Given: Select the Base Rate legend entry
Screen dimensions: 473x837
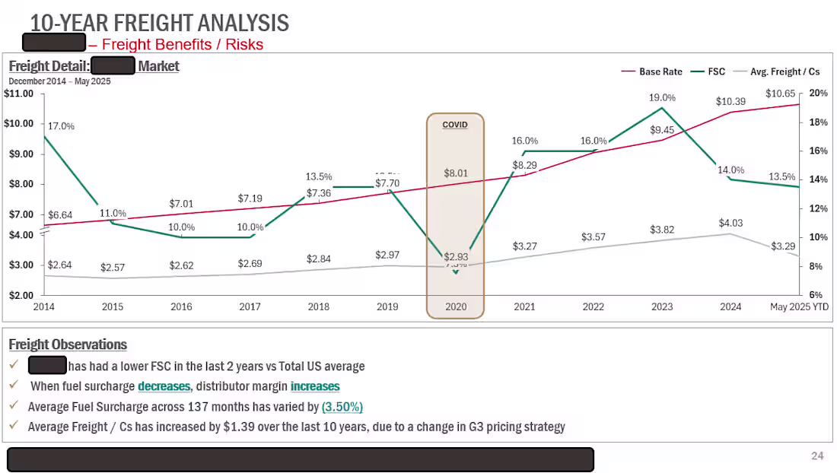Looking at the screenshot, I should click(x=660, y=71).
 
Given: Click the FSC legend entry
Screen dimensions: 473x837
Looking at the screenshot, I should click(x=716, y=71).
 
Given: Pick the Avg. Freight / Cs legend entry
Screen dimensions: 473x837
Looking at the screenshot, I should click(x=784, y=71).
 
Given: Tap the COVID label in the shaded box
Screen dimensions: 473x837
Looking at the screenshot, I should click(x=454, y=125).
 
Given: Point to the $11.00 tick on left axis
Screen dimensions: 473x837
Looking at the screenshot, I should click(x=19, y=94).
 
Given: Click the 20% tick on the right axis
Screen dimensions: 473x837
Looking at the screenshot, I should click(x=818, y=93).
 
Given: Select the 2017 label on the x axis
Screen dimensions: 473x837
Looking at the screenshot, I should click(x=250, y=306).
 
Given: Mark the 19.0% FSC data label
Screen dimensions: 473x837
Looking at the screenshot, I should click(x=662, y=97).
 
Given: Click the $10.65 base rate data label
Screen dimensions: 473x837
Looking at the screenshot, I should click(x=780, y=94).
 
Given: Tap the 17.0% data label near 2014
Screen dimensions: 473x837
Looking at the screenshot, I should click(x=61, y=126).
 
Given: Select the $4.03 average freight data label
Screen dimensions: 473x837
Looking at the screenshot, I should click(x=730, y=223).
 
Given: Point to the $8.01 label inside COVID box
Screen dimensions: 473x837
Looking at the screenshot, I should click(x=456, y=173).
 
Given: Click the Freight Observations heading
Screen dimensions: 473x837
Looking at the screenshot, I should click(x=68, y=344).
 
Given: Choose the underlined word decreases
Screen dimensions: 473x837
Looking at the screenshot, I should click(x=164, y=386).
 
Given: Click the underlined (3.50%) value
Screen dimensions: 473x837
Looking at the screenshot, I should click(x=342, y=406).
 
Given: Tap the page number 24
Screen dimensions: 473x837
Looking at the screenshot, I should click(x=817, y=456).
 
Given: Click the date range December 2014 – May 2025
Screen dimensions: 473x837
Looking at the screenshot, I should click(x=59, y=81).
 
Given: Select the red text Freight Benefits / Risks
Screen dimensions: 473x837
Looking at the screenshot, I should click(x=182, y=44).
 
